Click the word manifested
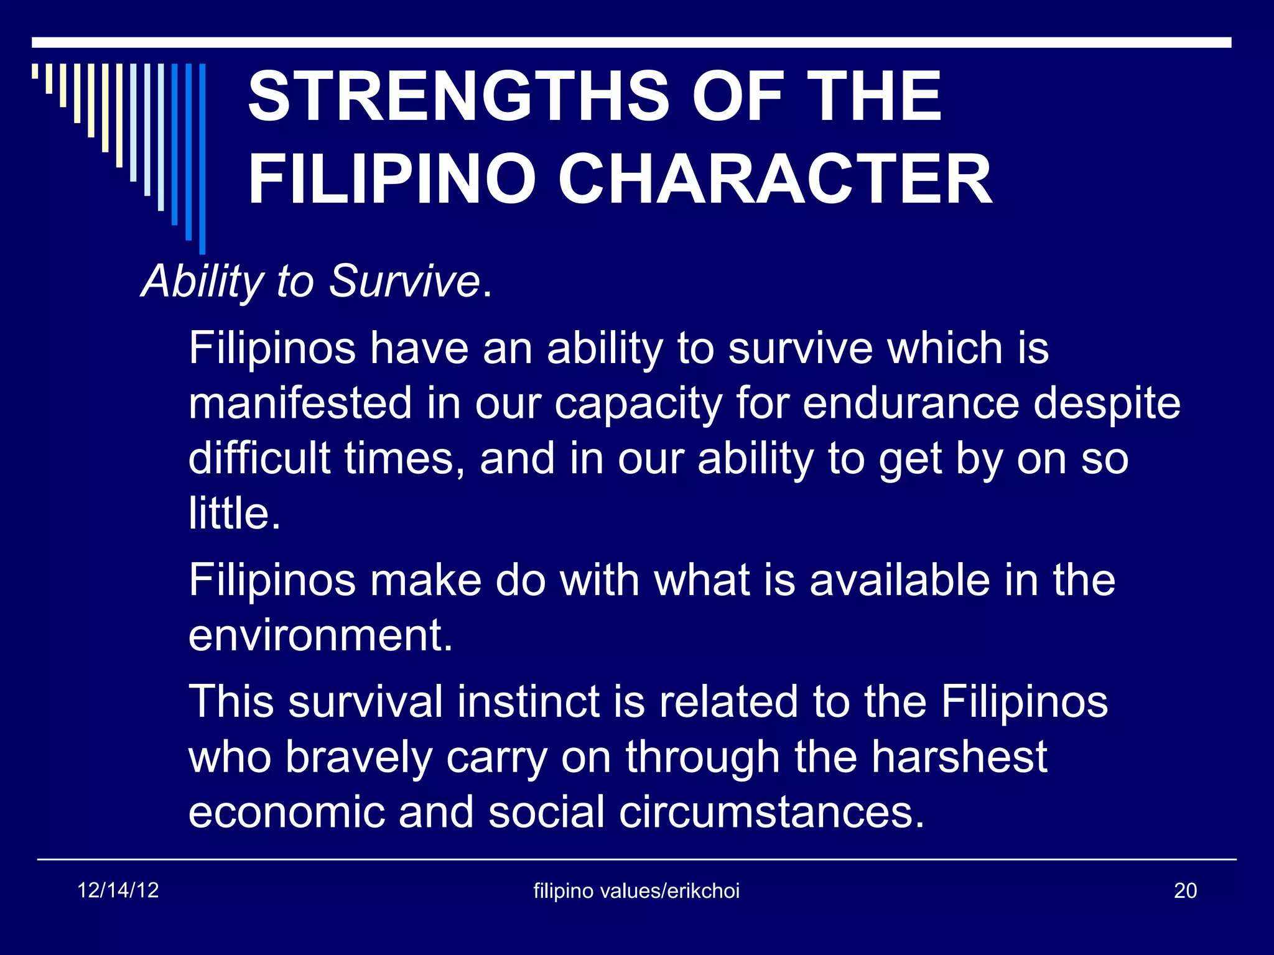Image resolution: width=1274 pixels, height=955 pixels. click(300, 403)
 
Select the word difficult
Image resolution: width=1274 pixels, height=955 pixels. click(259, 458)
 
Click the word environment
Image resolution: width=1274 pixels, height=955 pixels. click(320, 635)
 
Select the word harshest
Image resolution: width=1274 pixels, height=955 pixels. click(959, 757)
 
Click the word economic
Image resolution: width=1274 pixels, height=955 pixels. click(287, 812)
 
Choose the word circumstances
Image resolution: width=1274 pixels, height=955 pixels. click(771, 812)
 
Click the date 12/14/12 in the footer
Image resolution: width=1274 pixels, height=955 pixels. click(118, 890)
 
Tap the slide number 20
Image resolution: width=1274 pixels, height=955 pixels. click(1185, 891)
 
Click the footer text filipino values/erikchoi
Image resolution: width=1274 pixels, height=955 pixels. click(636, 891)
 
